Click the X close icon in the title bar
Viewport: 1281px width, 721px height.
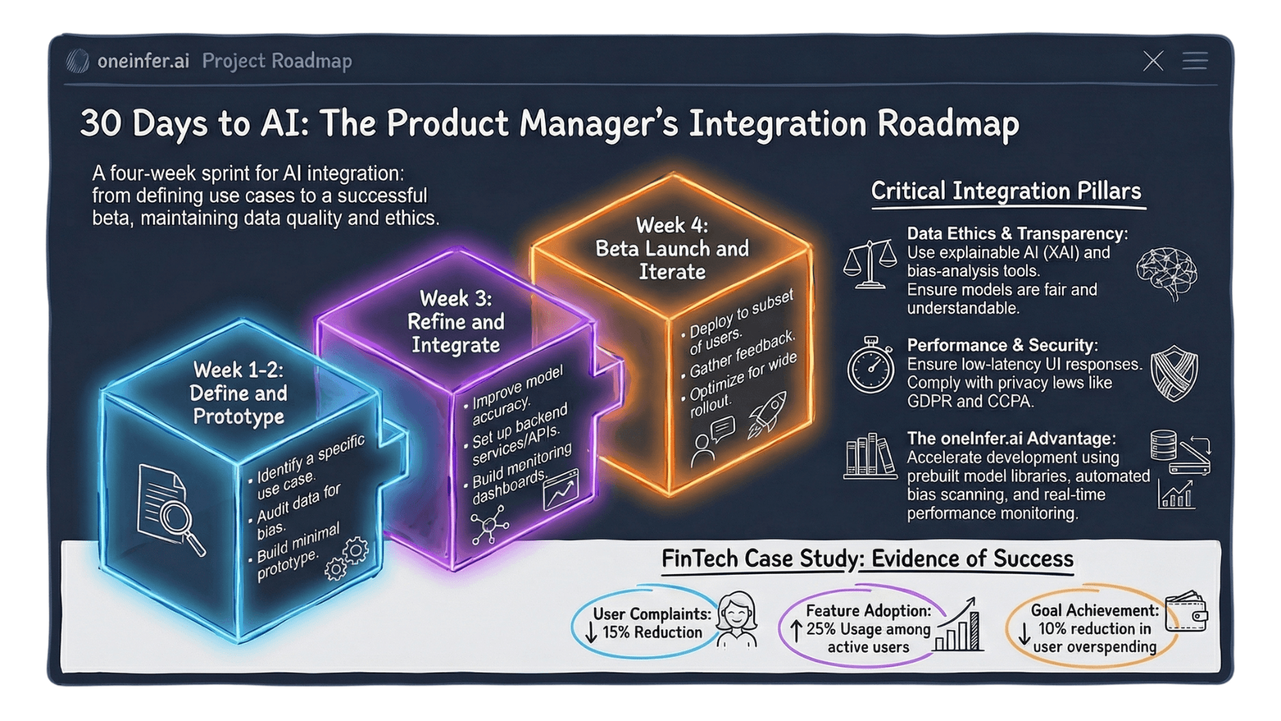tap(1153, 61)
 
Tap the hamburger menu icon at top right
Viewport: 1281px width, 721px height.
tap(1195, 61)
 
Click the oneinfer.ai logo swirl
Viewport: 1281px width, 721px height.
tap(78, 61)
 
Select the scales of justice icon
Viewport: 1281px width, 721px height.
tap(869, 264)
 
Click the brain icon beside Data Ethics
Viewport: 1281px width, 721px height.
tap(1167, 272)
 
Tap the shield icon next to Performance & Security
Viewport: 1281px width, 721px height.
tap(1174, 373)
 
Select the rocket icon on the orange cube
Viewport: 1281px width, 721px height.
tap(767, 413)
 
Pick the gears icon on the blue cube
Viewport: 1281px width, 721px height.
tap(347, 558)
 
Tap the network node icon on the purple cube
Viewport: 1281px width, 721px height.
tap(490, 525)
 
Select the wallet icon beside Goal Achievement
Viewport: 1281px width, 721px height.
tap(1186, 612)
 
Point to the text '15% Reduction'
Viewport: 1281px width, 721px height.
tap(652, 632)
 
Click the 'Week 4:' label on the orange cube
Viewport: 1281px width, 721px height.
tap(672, 226)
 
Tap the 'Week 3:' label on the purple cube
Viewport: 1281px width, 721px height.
tap(456, 298)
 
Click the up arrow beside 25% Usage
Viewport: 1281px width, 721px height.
tap(796, 631)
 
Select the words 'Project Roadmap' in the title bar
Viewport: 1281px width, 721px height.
tap(277, 61)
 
